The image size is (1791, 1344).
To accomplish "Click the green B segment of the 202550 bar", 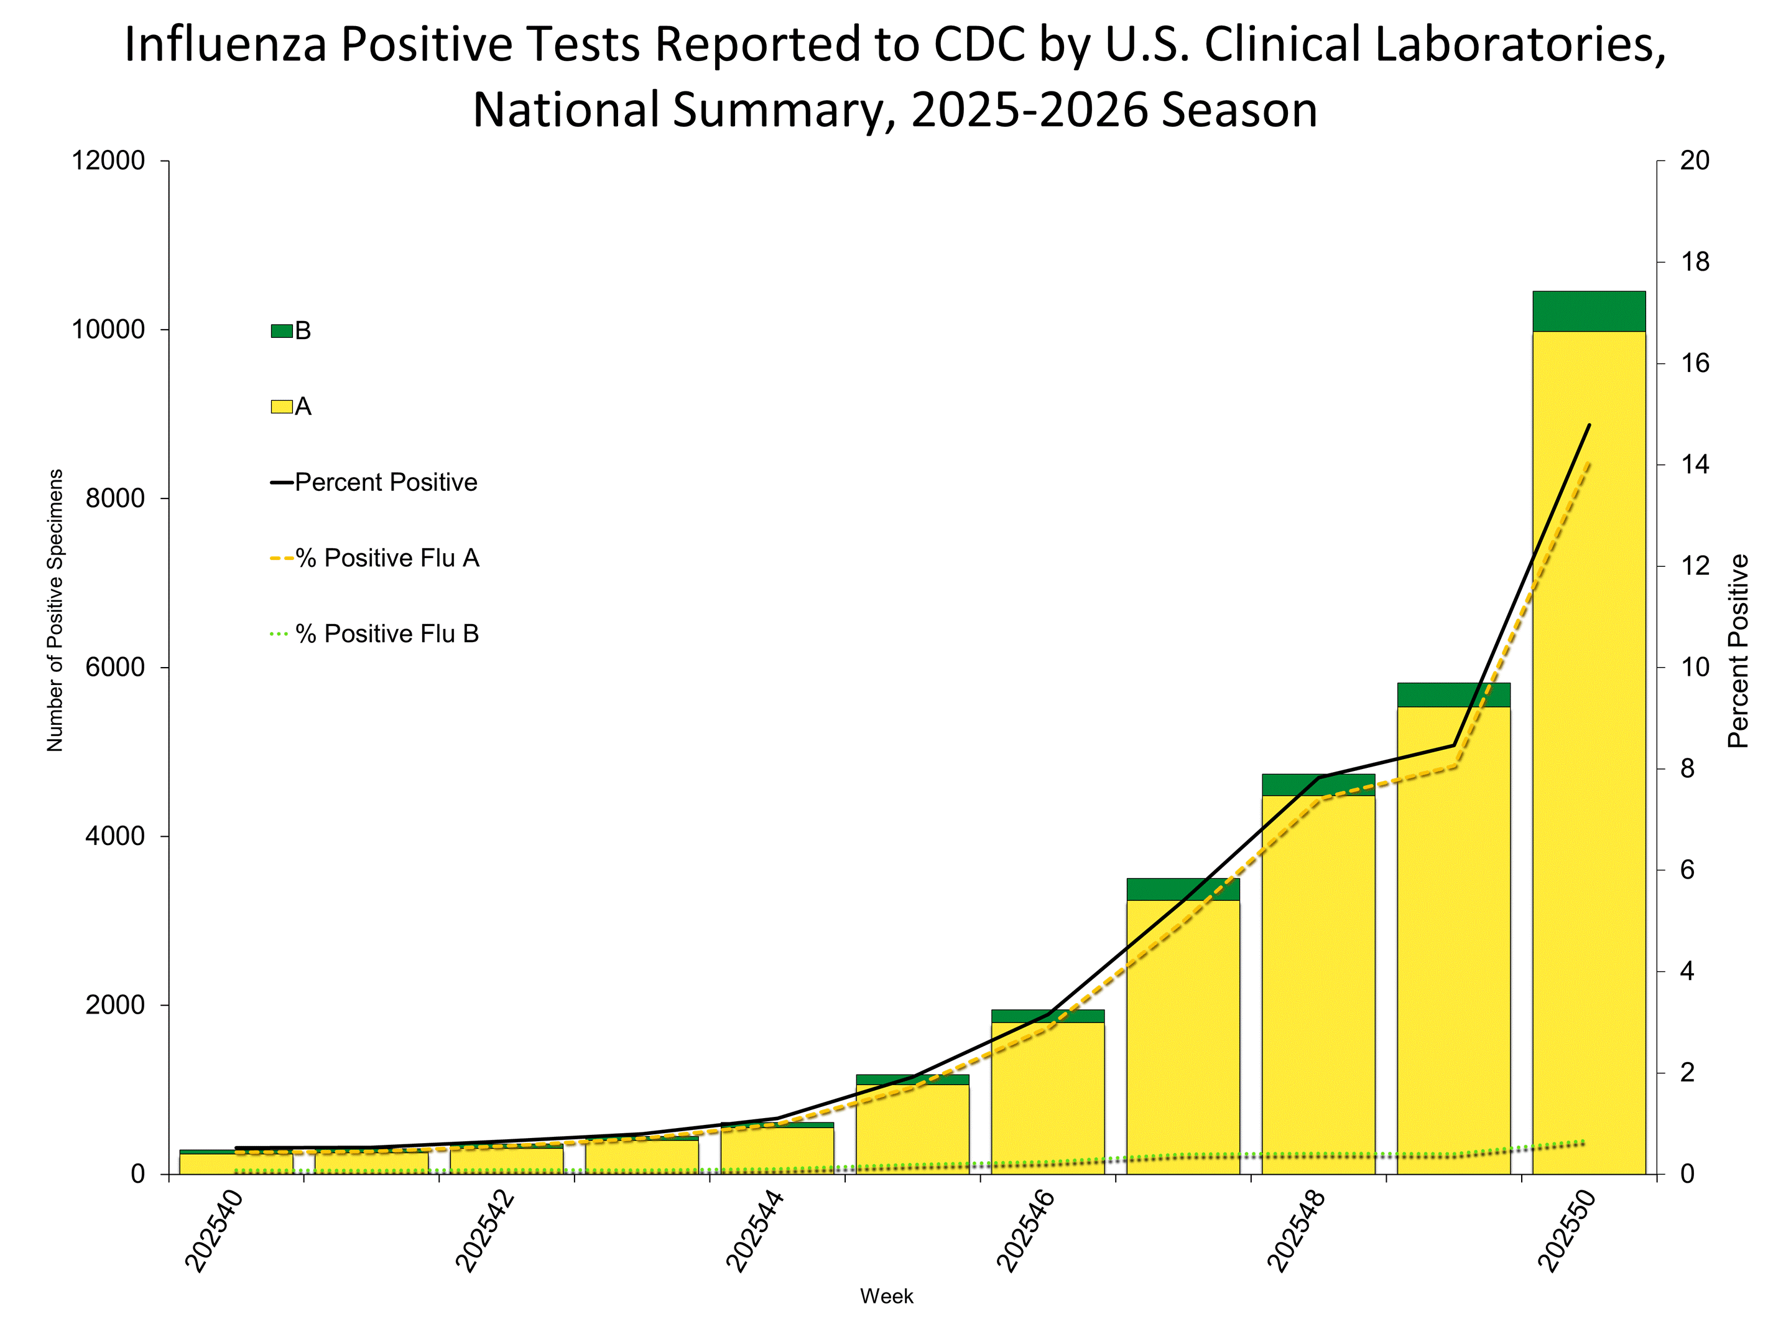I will (1589, 311).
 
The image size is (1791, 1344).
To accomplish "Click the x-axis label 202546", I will (1025, 1231).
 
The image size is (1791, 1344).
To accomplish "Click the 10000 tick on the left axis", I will (108, 330).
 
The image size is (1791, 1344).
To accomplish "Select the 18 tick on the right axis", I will (1694, 262).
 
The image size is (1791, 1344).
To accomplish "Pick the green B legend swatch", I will (281, 330).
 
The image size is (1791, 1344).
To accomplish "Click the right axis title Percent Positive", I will (1738, 650).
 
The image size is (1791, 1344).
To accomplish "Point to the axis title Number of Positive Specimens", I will (54, 610).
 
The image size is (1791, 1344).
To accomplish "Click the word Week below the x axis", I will (887, 1296).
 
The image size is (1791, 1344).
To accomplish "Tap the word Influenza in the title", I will (225, 45).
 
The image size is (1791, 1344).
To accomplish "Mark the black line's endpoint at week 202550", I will (1590, 424).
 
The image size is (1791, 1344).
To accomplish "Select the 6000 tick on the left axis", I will (115, 668).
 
